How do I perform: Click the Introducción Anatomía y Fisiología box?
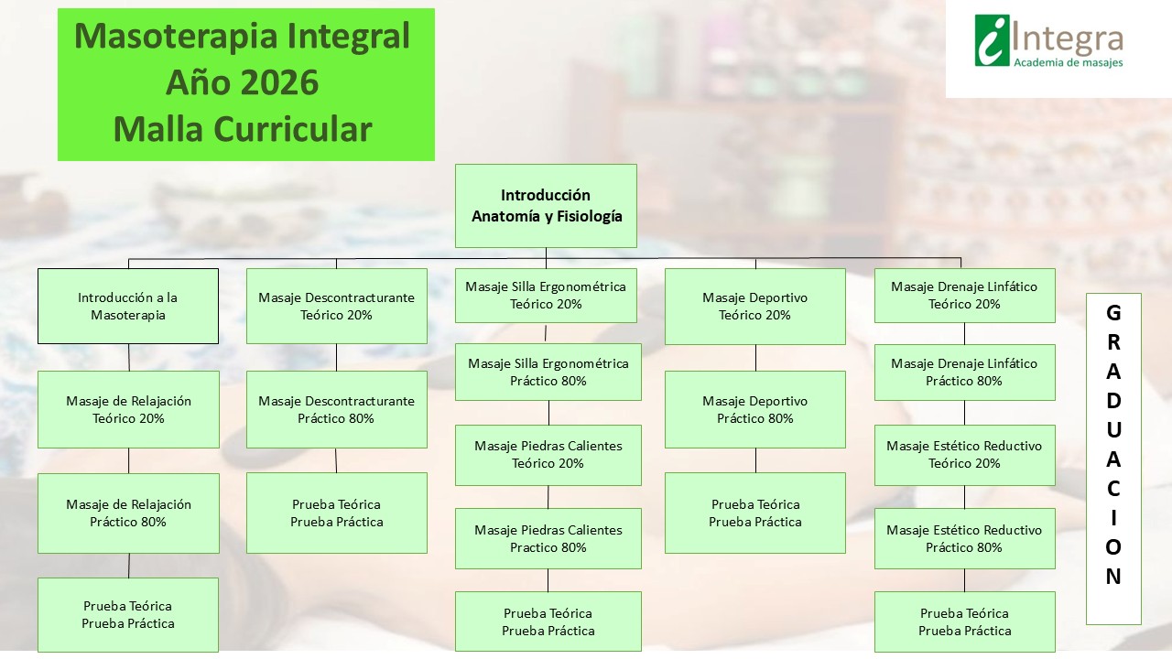pos(546,206)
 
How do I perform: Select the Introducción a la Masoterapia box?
pos(128,306)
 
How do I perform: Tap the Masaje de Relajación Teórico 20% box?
pos(128,409)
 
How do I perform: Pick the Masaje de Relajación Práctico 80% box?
pos(128,513)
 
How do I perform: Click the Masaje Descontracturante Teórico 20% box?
pos(336,306)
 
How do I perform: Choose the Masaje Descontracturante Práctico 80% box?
pos(336,409)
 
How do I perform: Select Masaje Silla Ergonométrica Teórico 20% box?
pos(546,295)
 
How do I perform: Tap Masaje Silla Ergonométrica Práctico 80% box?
pos(548,372)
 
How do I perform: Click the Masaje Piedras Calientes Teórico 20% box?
pos(548,454)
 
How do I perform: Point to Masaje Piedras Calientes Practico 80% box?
pos(548,538)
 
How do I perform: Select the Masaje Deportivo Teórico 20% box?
pos(754,306)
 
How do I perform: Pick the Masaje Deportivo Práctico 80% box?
pos(754,409)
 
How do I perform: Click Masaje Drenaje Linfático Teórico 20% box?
pos(964,295)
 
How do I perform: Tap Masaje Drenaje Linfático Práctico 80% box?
pos(964,372)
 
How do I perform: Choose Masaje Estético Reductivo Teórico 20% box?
pos(964,454)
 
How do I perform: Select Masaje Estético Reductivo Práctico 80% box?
pos(964,538)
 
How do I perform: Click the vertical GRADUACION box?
pos(1113,458)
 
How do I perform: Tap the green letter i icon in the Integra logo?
pos(992,40)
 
